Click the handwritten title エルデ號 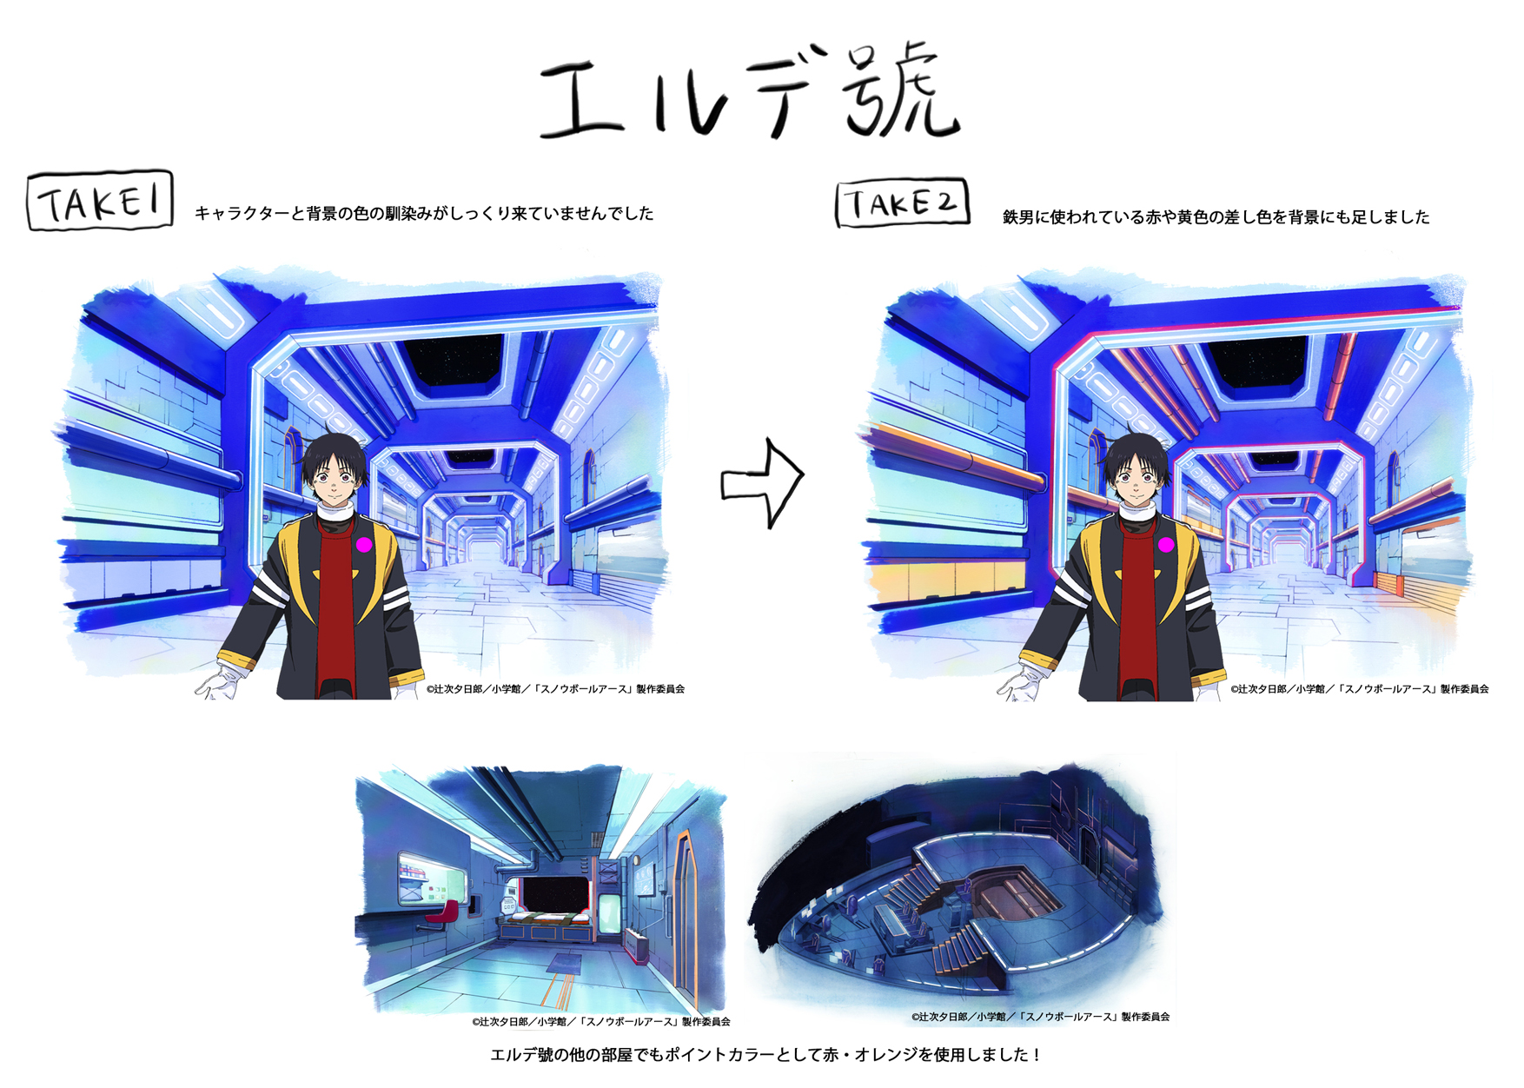pyautogui.click(x=749, y=92)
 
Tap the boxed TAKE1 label pyautogui.click(x=100, y=201)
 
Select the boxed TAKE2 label pyautogui.click(x=902, y=203)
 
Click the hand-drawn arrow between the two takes pyautogui.click(x=762, y=483)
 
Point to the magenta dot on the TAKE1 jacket pyautogui.click(x=364, y=544)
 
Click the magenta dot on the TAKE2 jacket pyautogui.click(x=1166, y=545)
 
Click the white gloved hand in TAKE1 pyautogui.click(x=218, y=682)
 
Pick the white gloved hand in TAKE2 pyautogui.click(x=1020, y=683)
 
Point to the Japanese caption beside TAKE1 pyautogui.click(x=424, y=213)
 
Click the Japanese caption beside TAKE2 pyautogui.click(x=1216, y=216)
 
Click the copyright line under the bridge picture pyautogui.click(x=1040, y=1016)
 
